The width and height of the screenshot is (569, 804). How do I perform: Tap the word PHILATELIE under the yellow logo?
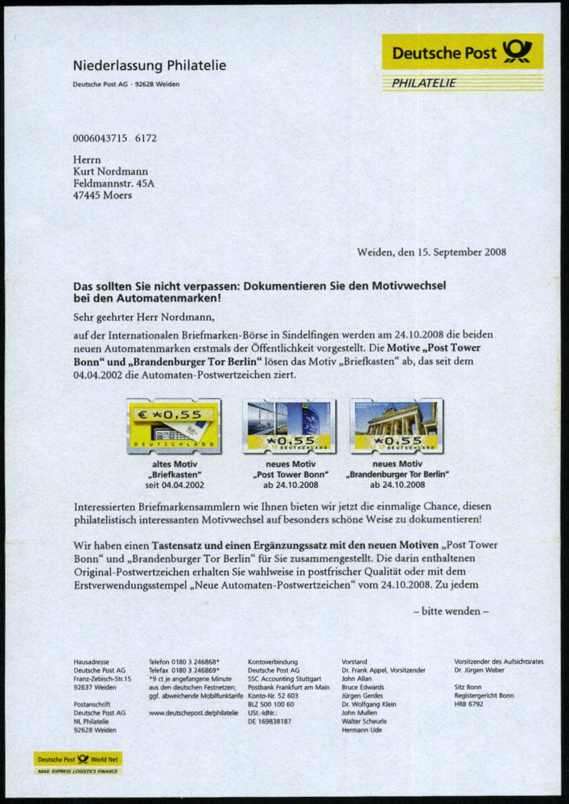(424, 83)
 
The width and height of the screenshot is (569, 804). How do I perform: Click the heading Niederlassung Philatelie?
(150, 66)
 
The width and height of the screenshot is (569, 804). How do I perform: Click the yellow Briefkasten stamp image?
(174, 427)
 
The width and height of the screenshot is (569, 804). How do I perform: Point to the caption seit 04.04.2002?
(175, 485)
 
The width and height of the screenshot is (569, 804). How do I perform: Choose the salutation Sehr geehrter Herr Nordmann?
(144, 316)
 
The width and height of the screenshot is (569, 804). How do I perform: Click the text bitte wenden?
(451, 610)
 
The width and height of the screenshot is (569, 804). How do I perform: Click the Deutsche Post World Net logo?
(77, 759)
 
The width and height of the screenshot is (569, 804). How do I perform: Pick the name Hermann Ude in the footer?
(362, 730)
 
